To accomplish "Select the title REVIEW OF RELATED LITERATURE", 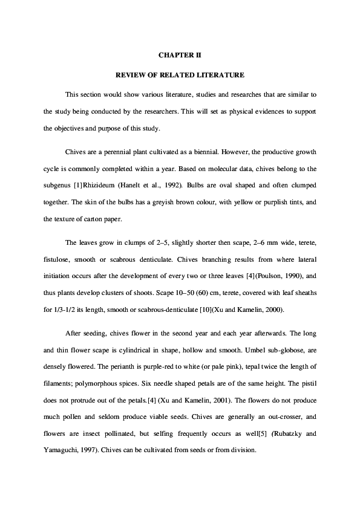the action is (x=180, y=76).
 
